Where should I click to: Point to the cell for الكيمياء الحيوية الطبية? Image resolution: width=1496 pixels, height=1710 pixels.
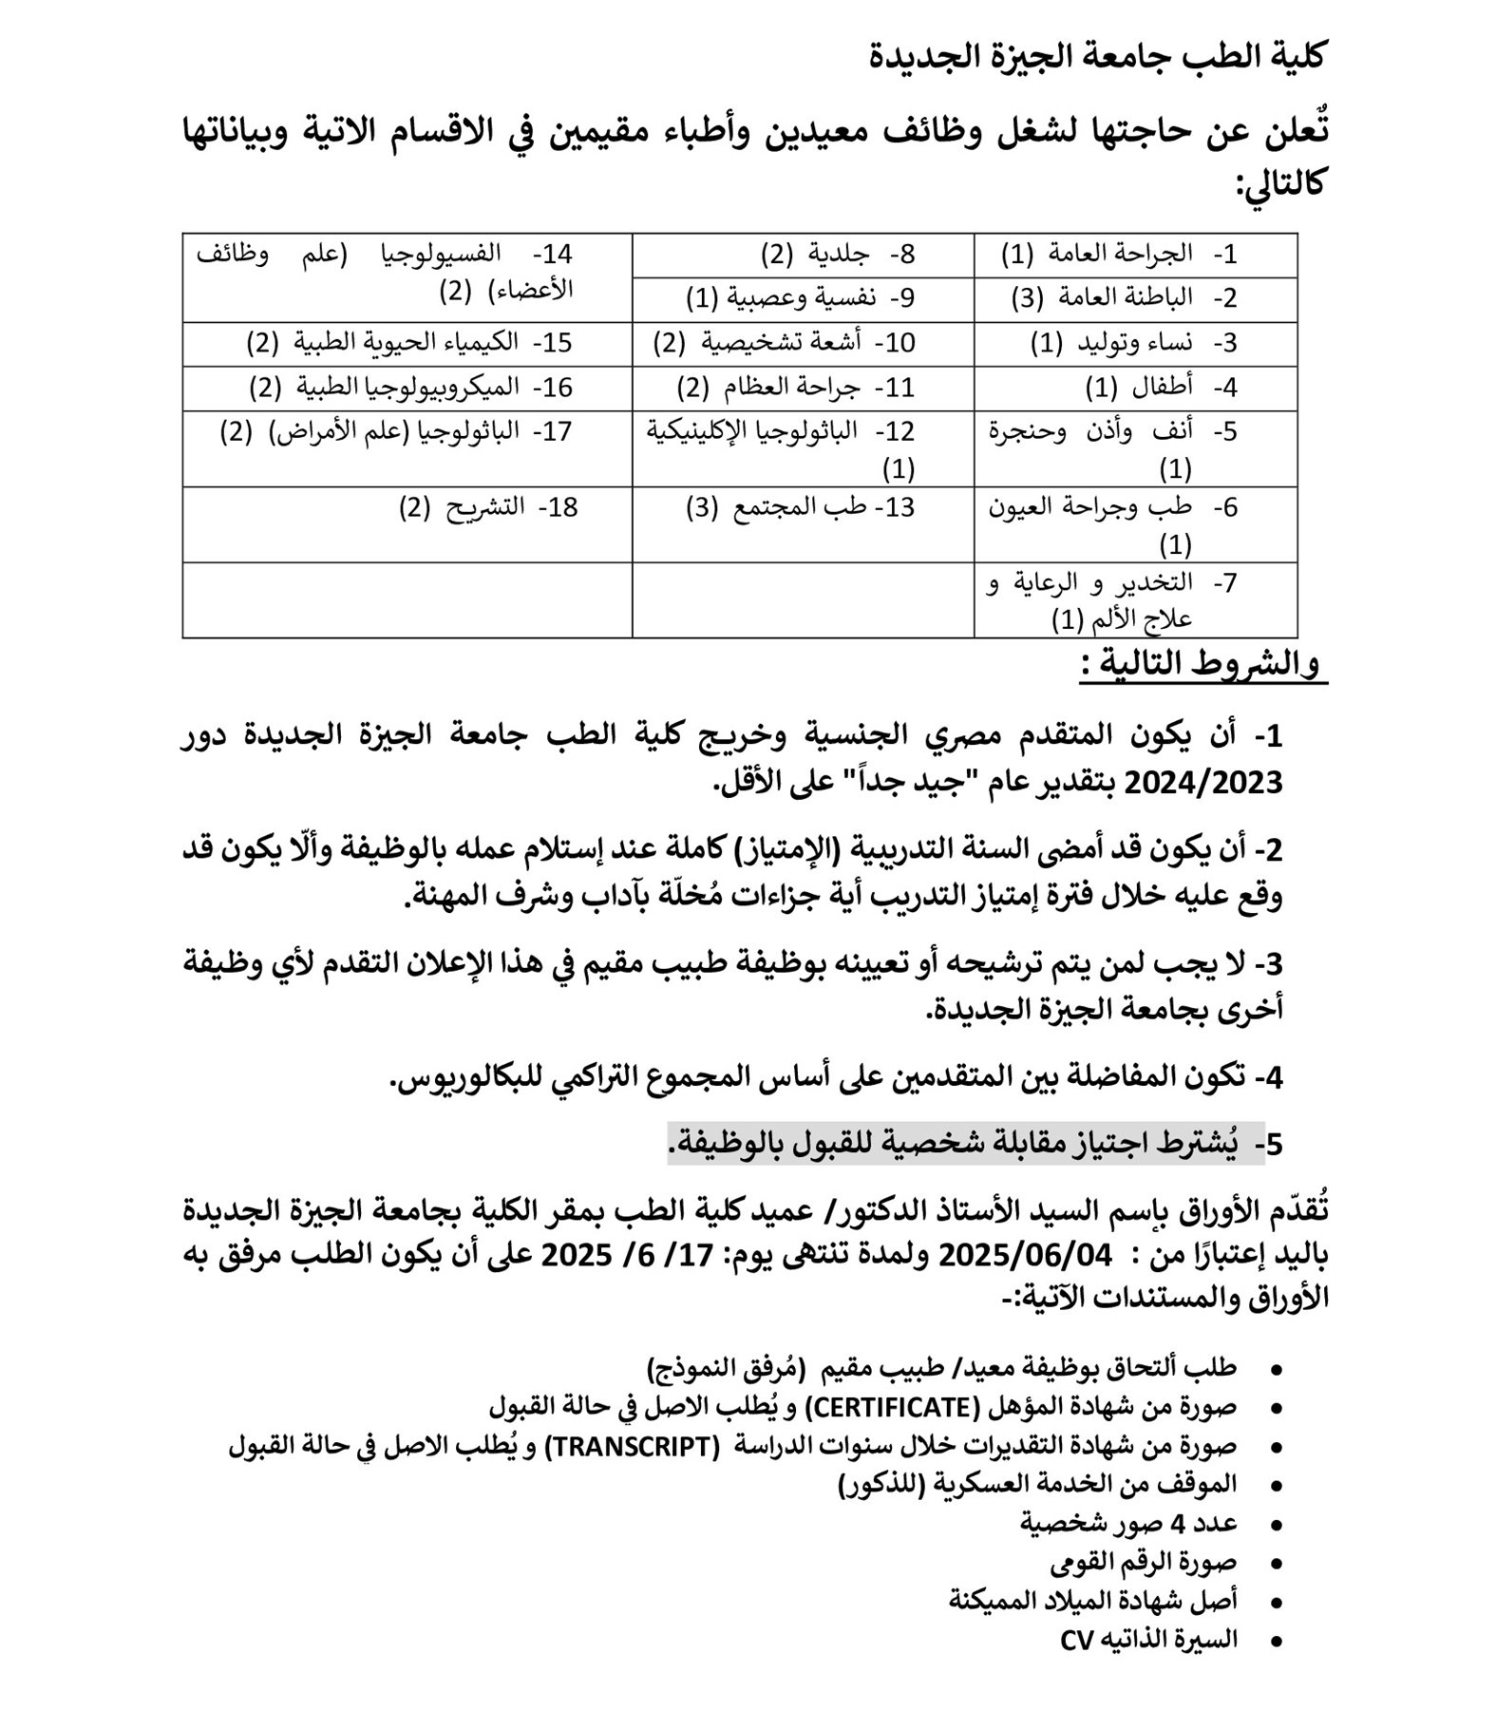pyautogui.click(x=408, y=343)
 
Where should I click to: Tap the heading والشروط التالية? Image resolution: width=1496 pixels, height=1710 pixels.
pyautogui.click(x=1202, y=664)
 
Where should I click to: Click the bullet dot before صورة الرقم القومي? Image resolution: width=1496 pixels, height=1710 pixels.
pyautogui.click(x=1276, y=1564)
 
